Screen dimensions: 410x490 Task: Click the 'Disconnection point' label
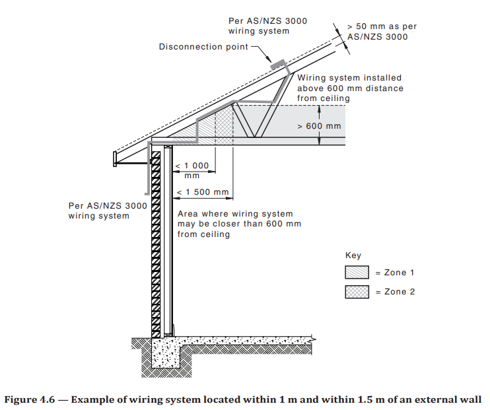(x=203, y=47)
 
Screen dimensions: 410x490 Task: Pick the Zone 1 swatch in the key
(x=358, y=272)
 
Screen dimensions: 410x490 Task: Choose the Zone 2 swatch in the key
(x=358, y=291)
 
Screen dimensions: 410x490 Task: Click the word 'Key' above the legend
(x=353, y=256)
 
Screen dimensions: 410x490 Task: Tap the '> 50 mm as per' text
(x=382, y=26)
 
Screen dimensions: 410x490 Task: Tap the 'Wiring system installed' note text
(x=349, y=78)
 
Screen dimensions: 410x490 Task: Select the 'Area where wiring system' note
(x=235, y=214)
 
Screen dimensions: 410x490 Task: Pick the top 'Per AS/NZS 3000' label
(x=267, y=20)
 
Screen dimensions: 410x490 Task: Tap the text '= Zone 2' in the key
(x=400, y=291)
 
